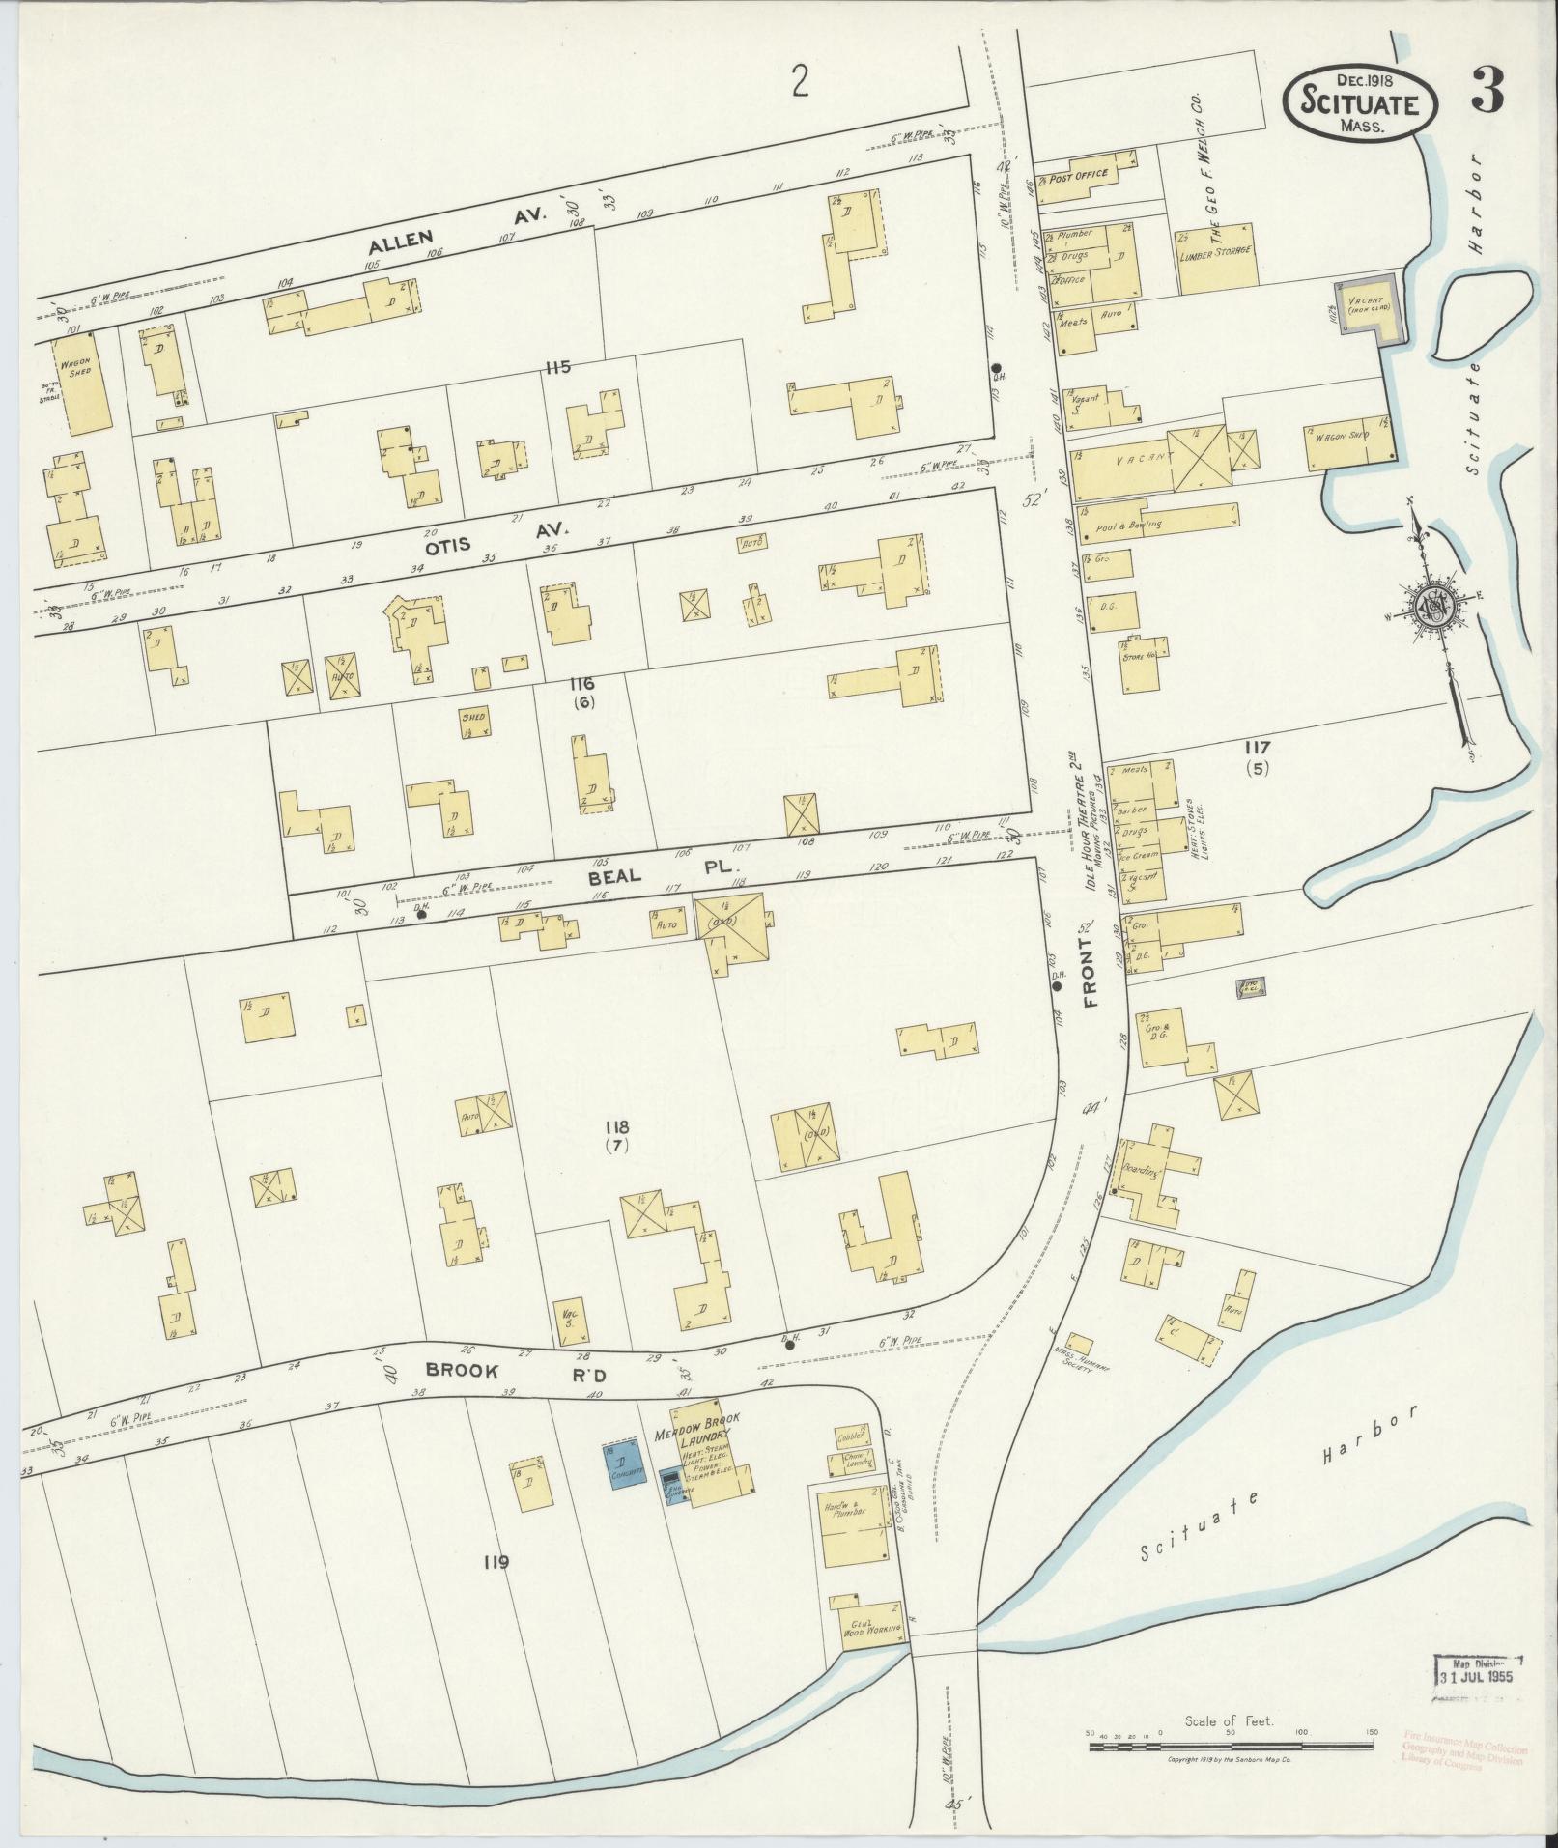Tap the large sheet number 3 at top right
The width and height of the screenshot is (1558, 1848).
click(x=1487, y=93)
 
